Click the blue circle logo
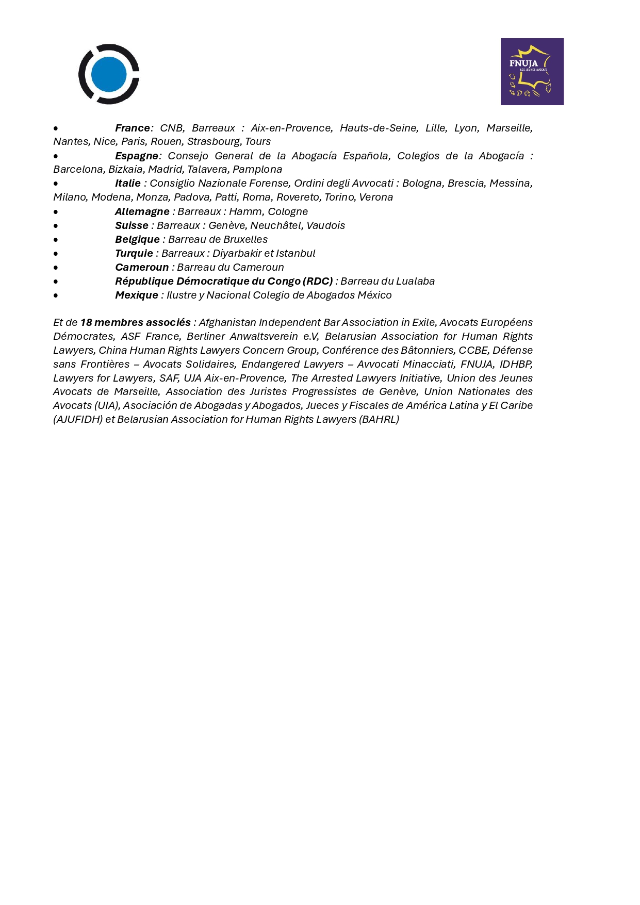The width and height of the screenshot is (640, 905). [x=109, y=74]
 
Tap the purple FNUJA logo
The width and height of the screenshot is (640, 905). [x=532, y=72]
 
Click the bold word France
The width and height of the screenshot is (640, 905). [x=133, y=128]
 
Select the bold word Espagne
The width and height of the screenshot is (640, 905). [x=137, y=156]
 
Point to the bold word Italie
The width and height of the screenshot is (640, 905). [x=128, y=183]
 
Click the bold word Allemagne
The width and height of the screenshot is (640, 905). [x=142, y=211]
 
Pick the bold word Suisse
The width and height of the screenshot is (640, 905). [x=132, y=225]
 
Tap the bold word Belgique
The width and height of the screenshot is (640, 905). [x=137, y=239]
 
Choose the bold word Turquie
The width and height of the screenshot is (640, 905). [x=134, y=253]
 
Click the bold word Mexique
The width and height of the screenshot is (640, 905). [x=137, y=295]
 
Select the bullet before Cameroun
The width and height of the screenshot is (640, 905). [x=56, y=268]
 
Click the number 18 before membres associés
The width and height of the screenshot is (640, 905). [x=86, y=322]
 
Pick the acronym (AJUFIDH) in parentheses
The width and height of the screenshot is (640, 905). [x=78, y=419]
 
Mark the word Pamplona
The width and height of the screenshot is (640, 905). [x=257, y=169]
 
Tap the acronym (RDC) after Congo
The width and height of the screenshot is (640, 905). [x=318, y=281]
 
